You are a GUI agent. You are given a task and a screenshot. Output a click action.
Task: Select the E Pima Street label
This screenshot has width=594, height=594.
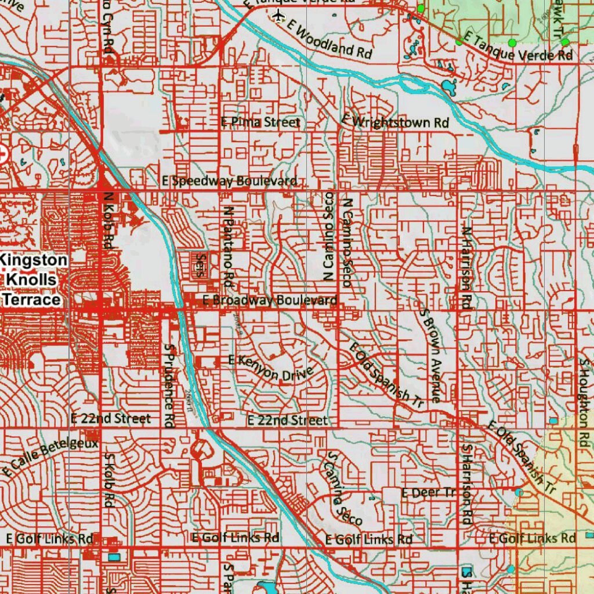tap(261, 122)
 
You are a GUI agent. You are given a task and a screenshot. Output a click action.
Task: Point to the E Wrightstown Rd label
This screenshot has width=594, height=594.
tap(395, 122)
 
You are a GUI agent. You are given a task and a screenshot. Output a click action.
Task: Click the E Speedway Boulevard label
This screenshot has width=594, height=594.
tap(230, 181)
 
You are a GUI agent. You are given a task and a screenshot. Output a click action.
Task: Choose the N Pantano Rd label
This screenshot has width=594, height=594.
tap(228, 248)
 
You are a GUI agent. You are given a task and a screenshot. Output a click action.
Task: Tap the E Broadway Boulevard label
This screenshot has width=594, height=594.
tap(270, 300)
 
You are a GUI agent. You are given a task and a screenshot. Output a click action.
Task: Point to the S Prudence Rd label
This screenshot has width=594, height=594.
tap(169, 385)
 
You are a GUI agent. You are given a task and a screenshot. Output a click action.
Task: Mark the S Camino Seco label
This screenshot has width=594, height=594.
tap(344, 488)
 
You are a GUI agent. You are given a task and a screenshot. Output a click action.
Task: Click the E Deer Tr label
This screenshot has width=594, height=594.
tap(429, 492)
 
